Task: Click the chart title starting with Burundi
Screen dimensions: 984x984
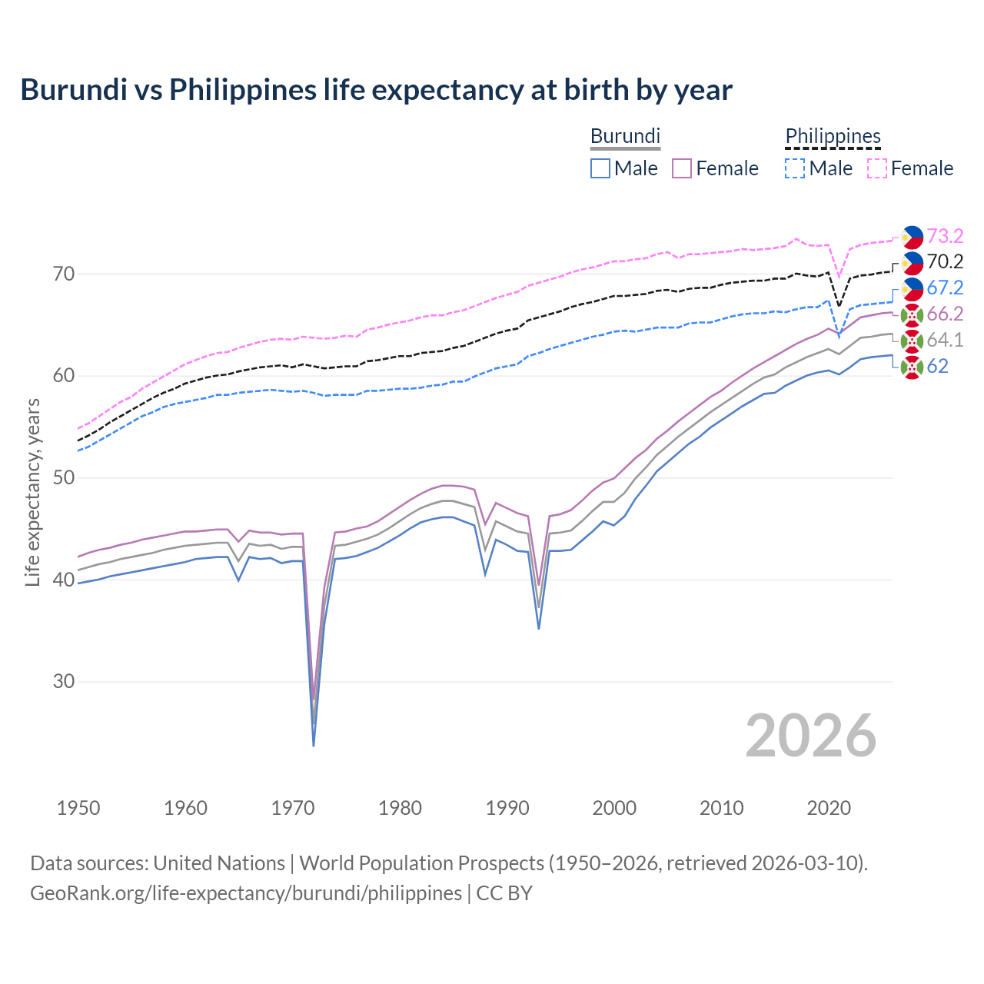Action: pyautogui.click(x=376, y=90)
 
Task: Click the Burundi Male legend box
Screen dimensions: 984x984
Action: pyautogui.click(x=600, y=168)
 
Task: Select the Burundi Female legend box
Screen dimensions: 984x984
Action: pyautogui.click(x=682, y=168)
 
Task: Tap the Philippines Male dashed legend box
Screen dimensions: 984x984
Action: pyautogui.click(x=795, y=168)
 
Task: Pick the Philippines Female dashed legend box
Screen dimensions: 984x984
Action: pyautogui.click(x=877, y=168)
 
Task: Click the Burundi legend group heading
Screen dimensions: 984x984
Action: pyautogui.click(x=625, y=136)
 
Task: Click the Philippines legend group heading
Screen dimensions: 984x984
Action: pyautogui.click(x=833, y=136)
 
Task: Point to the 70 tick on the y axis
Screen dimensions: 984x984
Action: pyautogui.click(x=64, y=274)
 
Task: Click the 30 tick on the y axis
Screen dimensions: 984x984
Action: pyautogui.click(x=64, y=682)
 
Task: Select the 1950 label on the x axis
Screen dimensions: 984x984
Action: pyautogui.click(x=78, y=808)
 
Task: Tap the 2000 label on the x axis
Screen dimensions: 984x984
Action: pyautogui.click(x=614, y=808)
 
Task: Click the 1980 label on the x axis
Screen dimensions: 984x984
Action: pyautogui.click(x=400, y=808)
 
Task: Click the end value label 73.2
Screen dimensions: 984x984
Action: pyautogui.click(x=945, y=236)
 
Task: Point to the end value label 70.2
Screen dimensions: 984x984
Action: pyautogui.click(x=945, y=262)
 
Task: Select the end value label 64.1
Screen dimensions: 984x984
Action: pyautogui.click(x=945, y=340)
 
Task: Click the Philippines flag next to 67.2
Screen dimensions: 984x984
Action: pyautogui.click(x=912, y=288)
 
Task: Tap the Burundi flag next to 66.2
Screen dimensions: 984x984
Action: pyautogui.click(x=912, y=314)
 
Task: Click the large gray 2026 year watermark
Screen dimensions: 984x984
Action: pyautogui.click(x=811, y=736)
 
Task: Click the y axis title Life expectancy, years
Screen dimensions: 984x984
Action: pyautogui.click(x=33, y=492)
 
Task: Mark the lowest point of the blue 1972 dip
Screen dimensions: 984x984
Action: pyautogui.click(x=314, y=746)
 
